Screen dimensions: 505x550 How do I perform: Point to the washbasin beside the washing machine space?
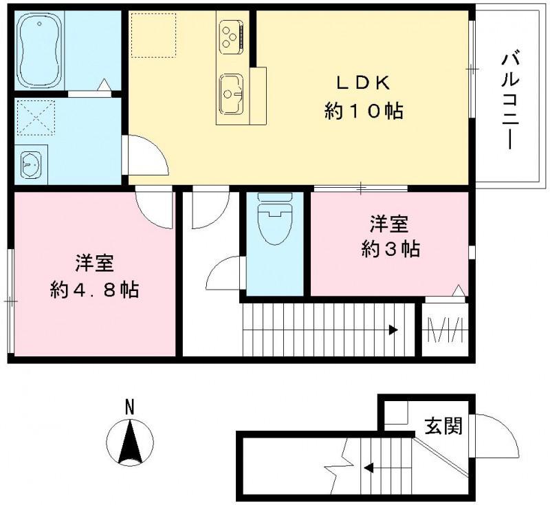(30, 165)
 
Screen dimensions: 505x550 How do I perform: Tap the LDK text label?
(363, 83)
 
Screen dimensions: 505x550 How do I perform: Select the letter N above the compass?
(129, 407)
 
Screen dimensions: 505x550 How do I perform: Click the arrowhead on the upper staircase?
(393, 330)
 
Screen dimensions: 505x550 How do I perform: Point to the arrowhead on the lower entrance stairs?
(368, 469)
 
